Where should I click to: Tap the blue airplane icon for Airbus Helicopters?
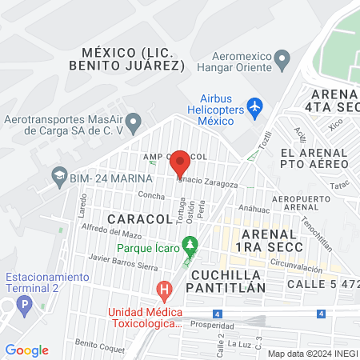click(255, 106)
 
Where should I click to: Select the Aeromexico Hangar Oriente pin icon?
click(282, 58)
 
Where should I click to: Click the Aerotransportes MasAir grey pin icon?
click(134, 123)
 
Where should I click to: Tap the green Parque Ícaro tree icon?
click(190, 243)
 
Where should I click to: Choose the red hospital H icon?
click(165, 289)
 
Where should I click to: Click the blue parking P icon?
click(25, 305)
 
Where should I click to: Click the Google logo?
click(26, 350)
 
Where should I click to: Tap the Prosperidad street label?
click(213, 325)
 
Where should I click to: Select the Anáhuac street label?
click(254, 209)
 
